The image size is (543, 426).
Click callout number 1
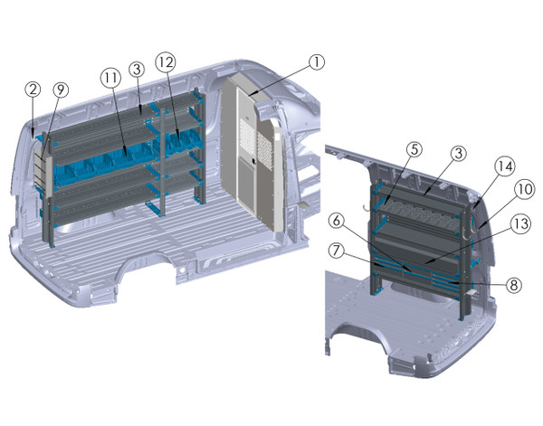pyautogui.click(x=315, y=62)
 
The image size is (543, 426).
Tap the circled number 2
pyautogui.click(x=33, y=89)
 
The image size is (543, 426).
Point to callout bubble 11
pyautogui.click(x=110, y=78)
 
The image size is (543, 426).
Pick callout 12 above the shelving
pyautogui.click(x=164, y=62)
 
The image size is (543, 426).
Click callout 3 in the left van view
pyautogui.click(x=137, y=69)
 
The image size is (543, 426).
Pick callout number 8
pyautogui.click(x=512, y=283)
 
